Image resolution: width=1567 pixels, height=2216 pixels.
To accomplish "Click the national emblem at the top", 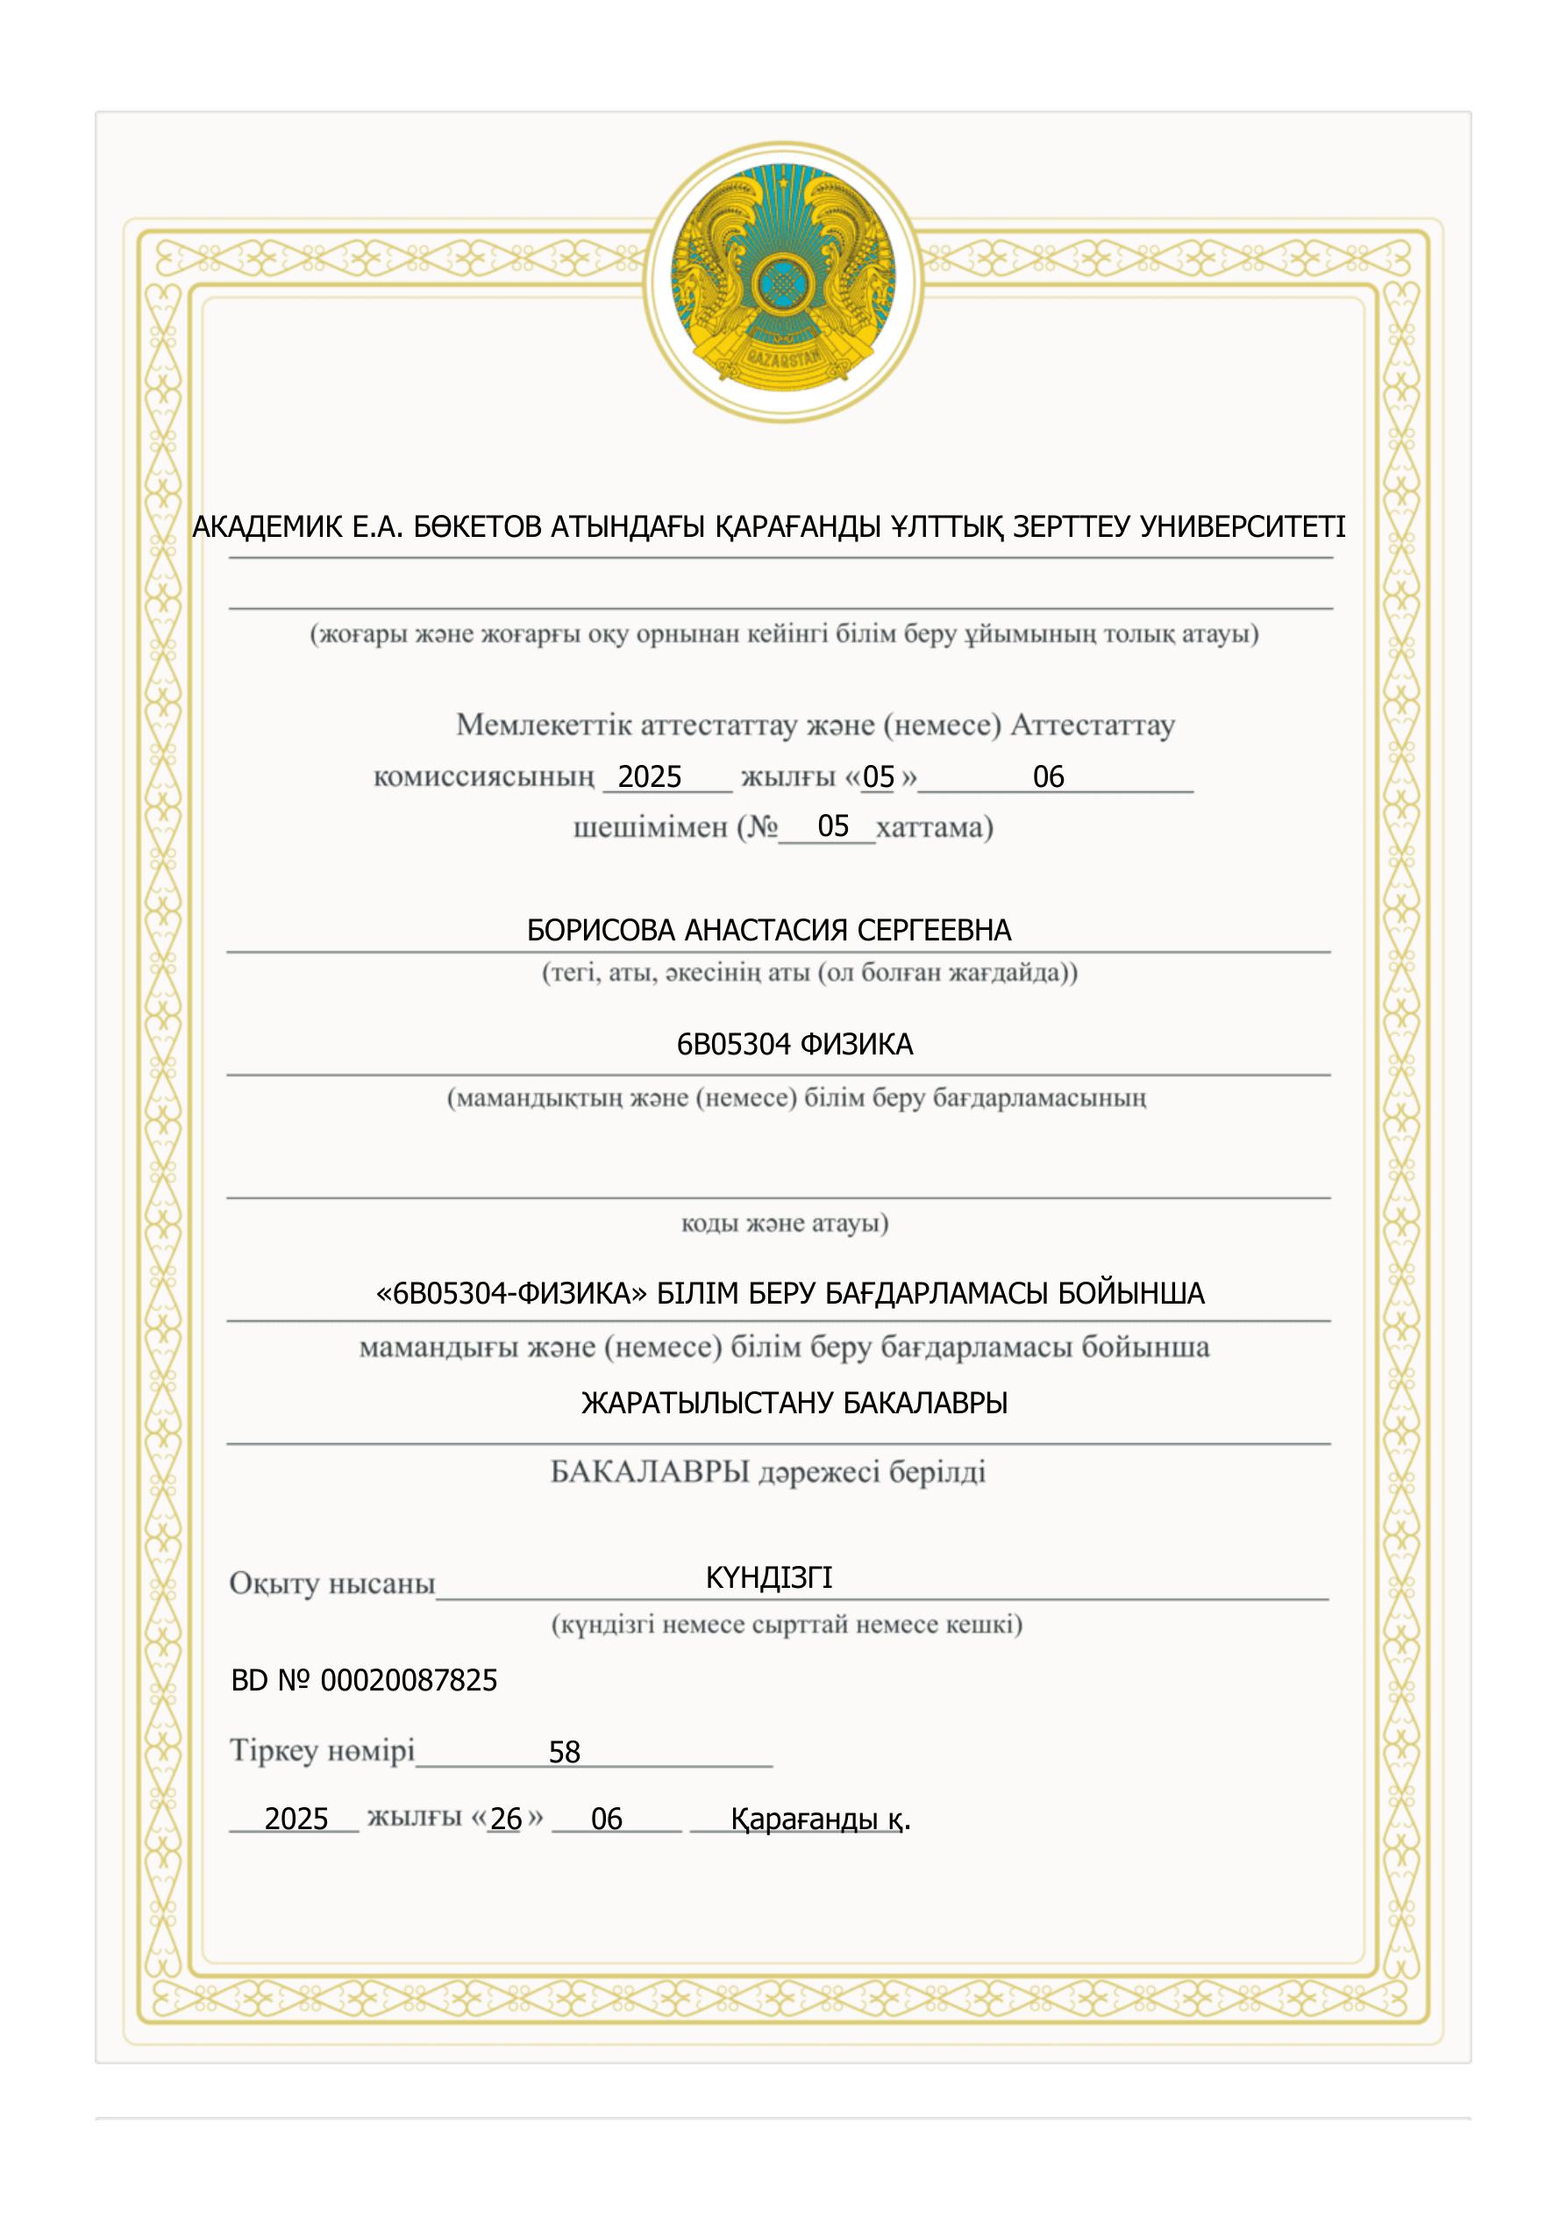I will [782, 282].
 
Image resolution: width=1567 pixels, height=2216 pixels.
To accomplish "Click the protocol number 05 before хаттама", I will [833, 826].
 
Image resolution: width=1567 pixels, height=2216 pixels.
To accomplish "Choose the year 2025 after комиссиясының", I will [650, 777].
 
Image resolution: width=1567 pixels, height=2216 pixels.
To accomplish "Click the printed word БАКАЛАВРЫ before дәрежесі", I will [650, 1472].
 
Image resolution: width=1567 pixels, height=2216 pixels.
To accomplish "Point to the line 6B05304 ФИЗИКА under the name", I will [794, 1044].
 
